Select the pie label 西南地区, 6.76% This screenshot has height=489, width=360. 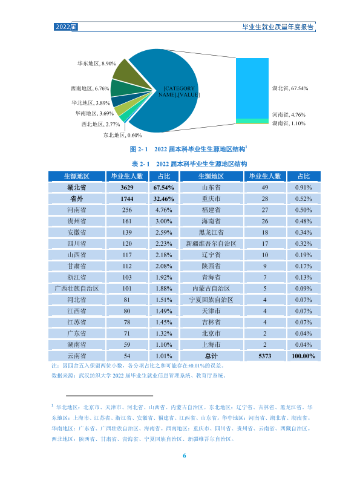coord(90,88)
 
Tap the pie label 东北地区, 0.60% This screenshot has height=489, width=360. coord(122,136)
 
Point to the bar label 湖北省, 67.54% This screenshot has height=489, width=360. coord(290,88)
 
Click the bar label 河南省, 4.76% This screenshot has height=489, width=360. coord(289,115)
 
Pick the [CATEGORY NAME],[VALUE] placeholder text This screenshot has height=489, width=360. coord(179,92)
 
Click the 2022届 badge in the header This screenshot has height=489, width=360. coord(66,27)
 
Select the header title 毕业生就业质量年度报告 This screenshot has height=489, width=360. coord(278,27)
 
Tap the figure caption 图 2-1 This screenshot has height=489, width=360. coord(139,149)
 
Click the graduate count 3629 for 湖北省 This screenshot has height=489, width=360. coord(127,188)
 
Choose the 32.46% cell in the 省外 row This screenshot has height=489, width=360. coord(163,199)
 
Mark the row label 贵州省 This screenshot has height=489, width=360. coord(77,222)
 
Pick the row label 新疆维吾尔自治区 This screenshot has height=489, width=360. coord(211,244)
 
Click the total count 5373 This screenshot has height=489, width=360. coord(265,356)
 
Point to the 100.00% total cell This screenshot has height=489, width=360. coord(303,356)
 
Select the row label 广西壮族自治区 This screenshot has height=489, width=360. coord(77,289)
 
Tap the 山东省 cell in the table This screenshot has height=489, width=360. coord(211,188)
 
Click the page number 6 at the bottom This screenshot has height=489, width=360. coord(184,456)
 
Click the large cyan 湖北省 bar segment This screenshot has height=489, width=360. coord(252,88)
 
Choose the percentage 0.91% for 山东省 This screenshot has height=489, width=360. coord(303,188)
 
